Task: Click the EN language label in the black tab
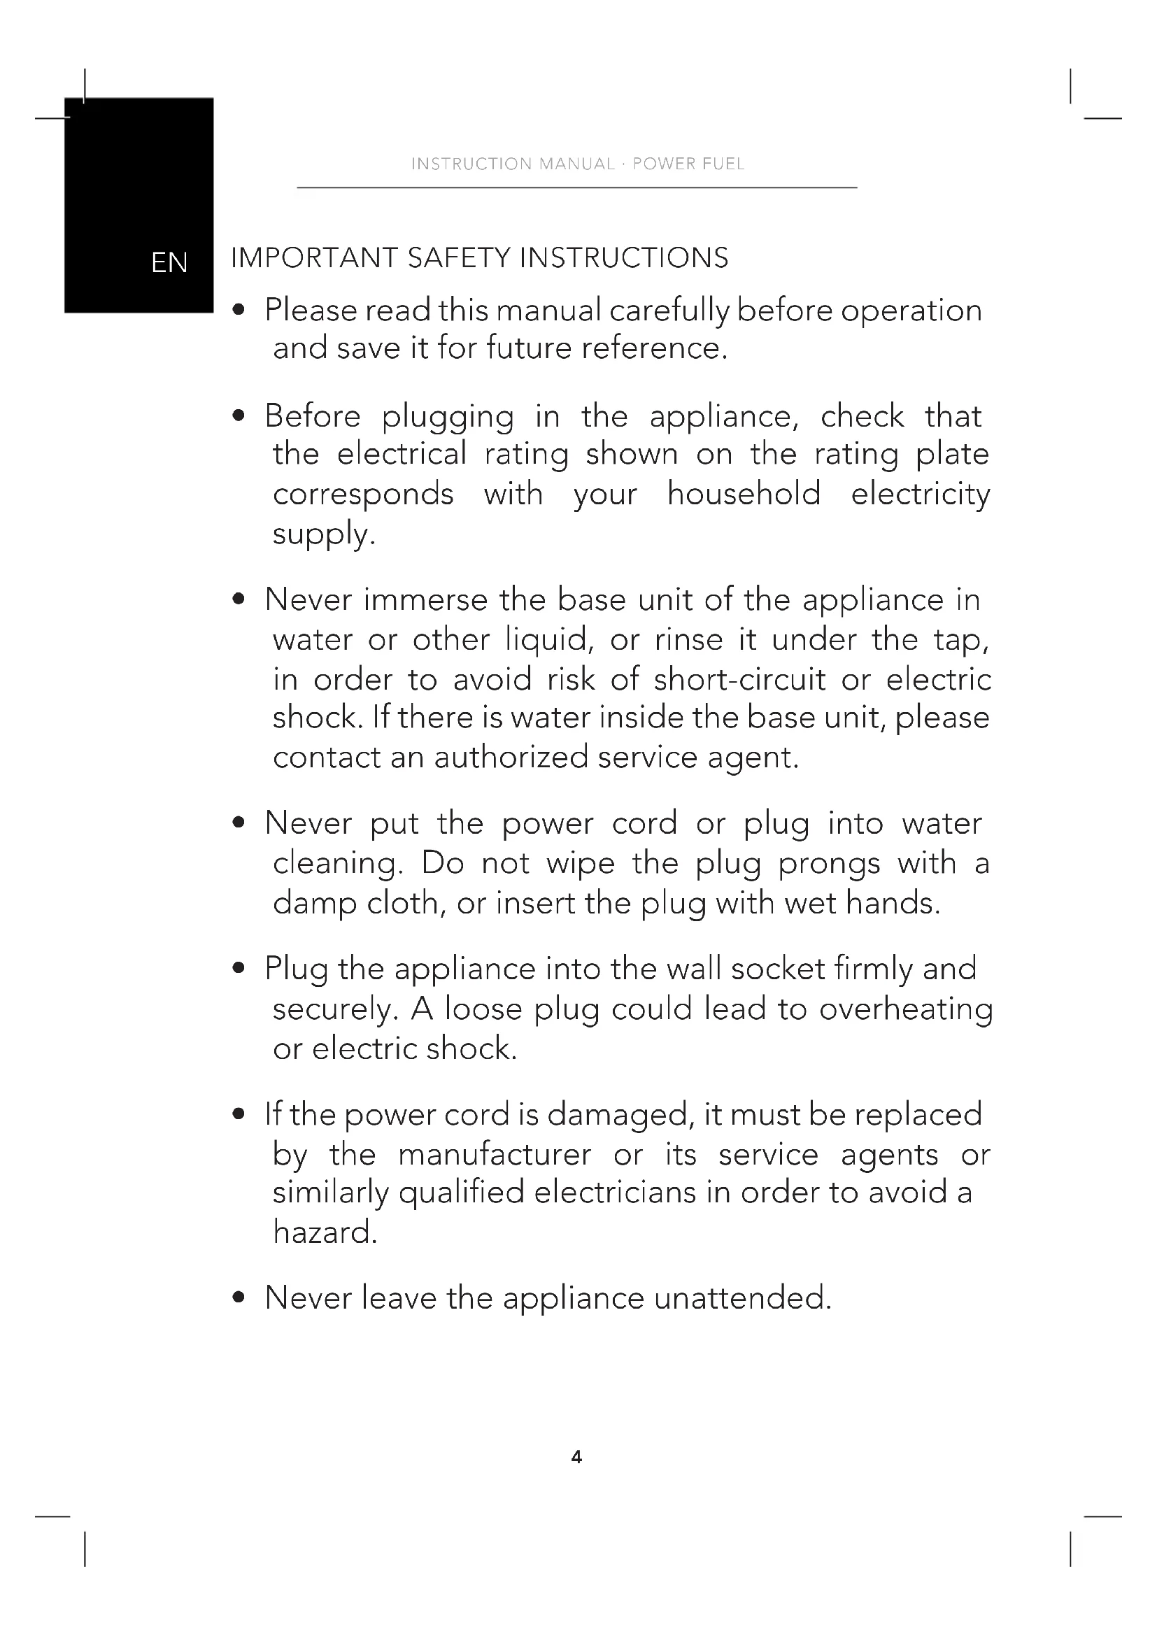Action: (x=169, y=263)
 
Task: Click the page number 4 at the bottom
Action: (x=577, y=1457)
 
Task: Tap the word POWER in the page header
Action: (x=664, y=164)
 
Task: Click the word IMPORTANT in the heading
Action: (x=314, y=258)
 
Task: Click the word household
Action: (x=744, y=494)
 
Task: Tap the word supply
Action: (x=323, y=534)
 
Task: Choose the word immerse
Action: (x=425, y=600)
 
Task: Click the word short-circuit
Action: (x=739, y=680)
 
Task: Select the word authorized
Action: (x=511, y=757)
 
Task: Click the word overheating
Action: (x=905, y=1010)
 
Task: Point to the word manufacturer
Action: (x=495, y=1155)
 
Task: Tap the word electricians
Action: (x=615, y=1193)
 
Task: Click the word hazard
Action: (x=325, y=1232)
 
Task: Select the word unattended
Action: (x=742, y=1298)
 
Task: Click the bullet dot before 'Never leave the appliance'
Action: (x=239, y=1298)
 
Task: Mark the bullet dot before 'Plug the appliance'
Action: (x=239, y=969)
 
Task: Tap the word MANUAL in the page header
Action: (x=576, y=164)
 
